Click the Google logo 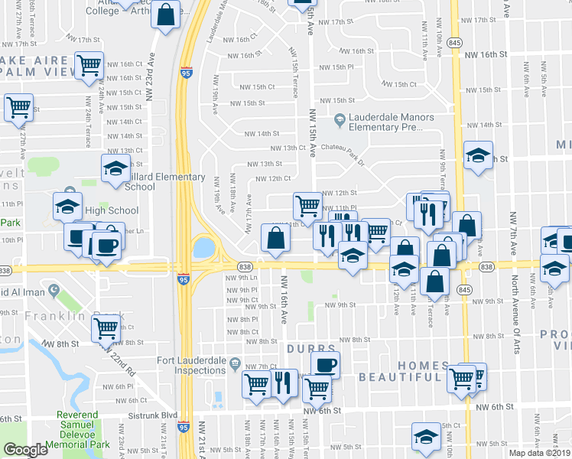(x=25, y=450)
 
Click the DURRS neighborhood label (x=311, y=349)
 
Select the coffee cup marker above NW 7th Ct (x=325, y=364)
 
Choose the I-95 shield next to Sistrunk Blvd (x=184, y=428)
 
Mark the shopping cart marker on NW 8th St (x=106, y=327)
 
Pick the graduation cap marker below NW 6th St (x=426, y=436)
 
